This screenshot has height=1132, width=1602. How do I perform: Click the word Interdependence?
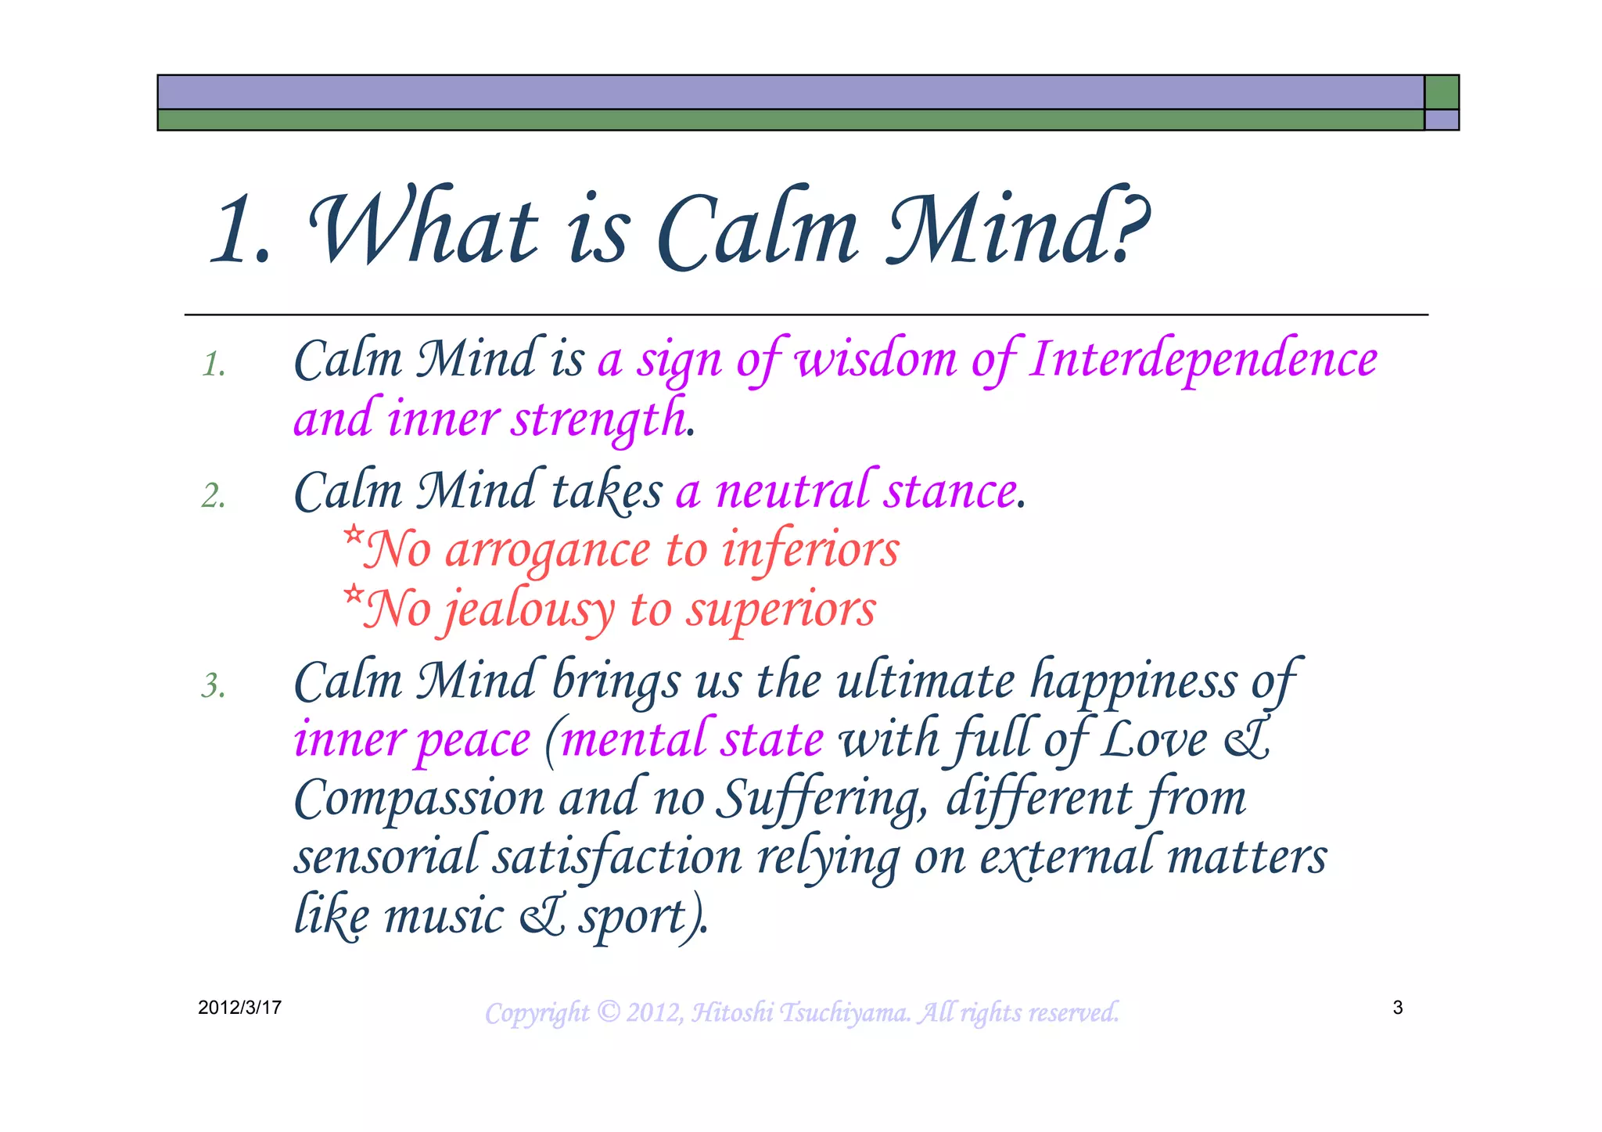pyautogui.click(x=1203, y=360)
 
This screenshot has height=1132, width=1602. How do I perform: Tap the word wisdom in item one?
pyautogui.click(x=876, y=360)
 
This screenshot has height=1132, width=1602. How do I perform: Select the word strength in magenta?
pyautogui.click(x=599, y=419)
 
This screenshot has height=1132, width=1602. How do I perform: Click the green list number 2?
pyautogui.click(x=213, y=496)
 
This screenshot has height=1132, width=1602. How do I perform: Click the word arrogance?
pyautogui.click(x=548, y=551)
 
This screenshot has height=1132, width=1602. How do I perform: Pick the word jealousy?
pyautogui.click(x=530, y=610)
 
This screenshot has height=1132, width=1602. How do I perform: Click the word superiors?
pyautogui.click(x=781, y=610)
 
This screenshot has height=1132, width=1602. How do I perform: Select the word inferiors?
pyautogui.click(x=810, y=551)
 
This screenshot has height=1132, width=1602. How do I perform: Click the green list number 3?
pyautogui.click(x=213, y=686)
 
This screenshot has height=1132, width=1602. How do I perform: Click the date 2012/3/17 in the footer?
pyautogui.click(x=239, y=1008)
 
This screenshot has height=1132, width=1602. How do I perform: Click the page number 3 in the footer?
pyautogui.click(x=1398, y=1008)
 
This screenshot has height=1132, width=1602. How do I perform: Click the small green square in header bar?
pyautogui.click(x=1441, y=92)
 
